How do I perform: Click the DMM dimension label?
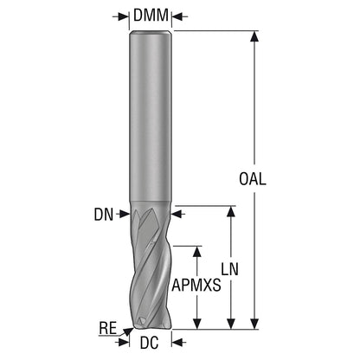151,16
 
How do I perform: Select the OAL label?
253,179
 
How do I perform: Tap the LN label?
230,269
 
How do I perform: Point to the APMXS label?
196,286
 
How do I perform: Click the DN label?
104,215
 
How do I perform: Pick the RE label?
108,328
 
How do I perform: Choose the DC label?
149,343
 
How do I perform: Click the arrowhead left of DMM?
124,16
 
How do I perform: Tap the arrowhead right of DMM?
177,16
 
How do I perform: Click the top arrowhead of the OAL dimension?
254,36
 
